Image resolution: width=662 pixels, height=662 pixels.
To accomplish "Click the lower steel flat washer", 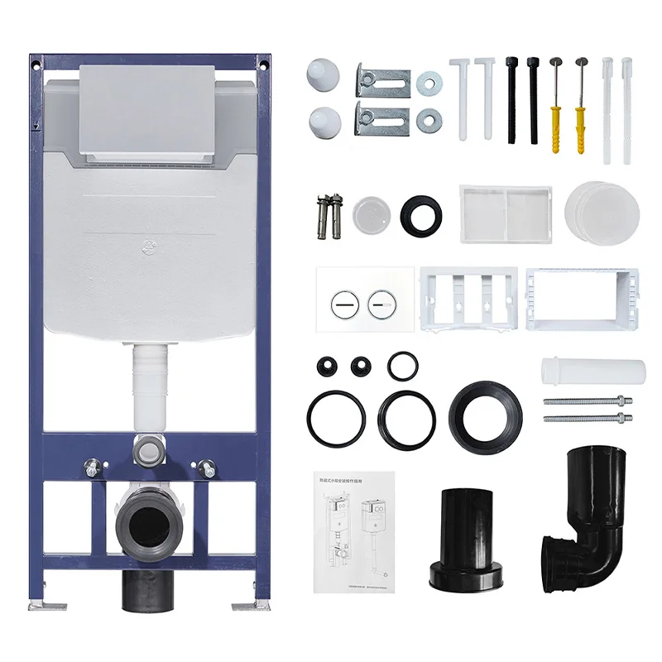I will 429,118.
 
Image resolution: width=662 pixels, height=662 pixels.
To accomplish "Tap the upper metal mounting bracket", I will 382,79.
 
